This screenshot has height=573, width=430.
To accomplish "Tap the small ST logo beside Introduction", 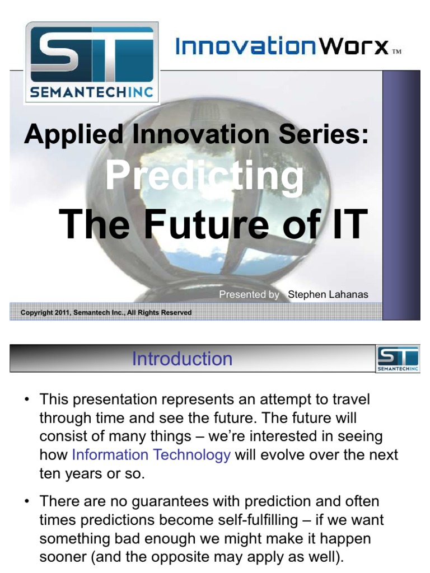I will coord(397,358).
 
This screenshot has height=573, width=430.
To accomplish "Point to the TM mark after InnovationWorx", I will coord(396,52).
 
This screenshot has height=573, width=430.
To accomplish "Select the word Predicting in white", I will coord(204,176).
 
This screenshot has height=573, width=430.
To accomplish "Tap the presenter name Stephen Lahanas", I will coord(328,294).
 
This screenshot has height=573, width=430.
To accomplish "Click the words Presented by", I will coord(249,294).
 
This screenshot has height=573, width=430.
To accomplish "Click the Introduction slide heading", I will coord(182,359).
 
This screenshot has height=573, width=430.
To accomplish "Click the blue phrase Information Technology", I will coord(151,455).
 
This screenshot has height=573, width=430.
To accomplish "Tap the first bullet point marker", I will coord(26,401).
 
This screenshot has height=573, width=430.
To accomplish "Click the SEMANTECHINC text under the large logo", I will coord(91,92).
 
